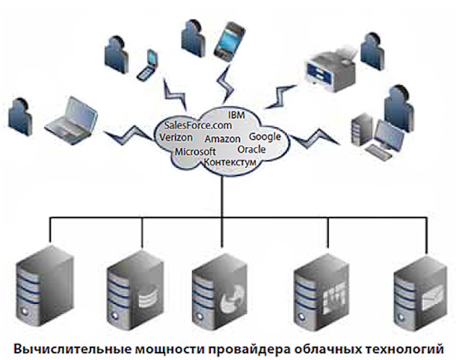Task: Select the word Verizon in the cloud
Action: (x=176, y=138)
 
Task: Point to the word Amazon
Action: (x=223, y=139)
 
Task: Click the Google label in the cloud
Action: (x=265, y=136)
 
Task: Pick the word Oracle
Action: (x=251, y=149)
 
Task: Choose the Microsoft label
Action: (x=195, y=151)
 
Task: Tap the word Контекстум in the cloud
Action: (x=230, y=162)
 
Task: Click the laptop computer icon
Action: (x=72, y=117)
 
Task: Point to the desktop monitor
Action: (x=389, y=132)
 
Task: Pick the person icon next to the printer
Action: (x=372, y=51)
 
